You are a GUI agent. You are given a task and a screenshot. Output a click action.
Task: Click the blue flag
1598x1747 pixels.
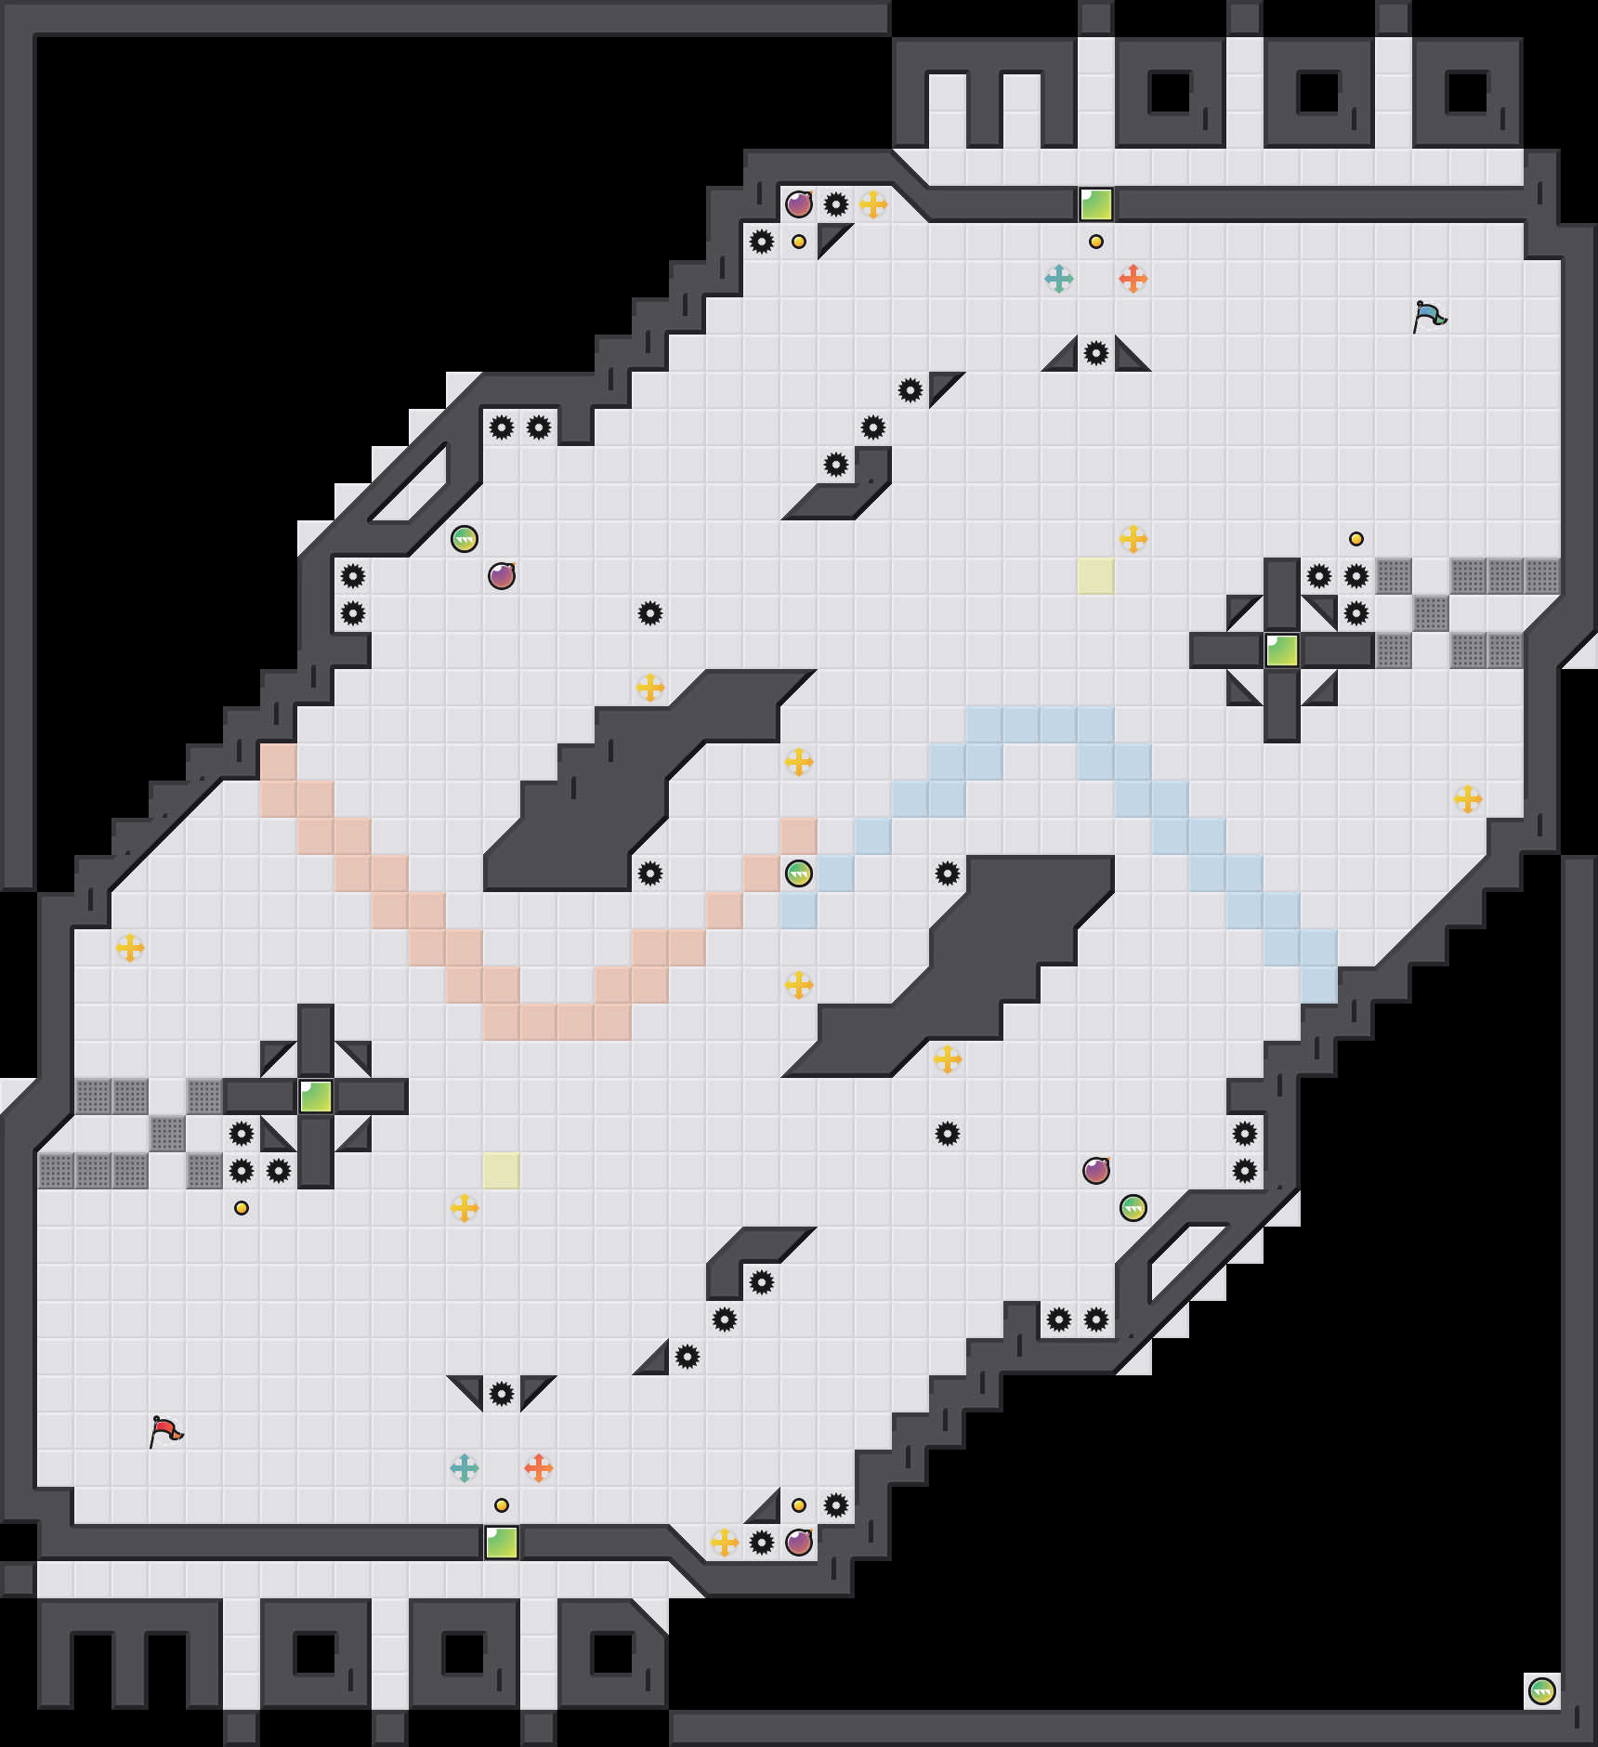(x=1429, y=316)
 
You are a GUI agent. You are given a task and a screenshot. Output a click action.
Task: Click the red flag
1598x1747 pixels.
(x=165, y=1431)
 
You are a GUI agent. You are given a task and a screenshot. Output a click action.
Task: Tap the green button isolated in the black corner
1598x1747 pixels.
(x=1542, y=1691)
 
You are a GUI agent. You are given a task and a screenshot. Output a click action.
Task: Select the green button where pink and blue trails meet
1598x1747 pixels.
(x=799, y=873)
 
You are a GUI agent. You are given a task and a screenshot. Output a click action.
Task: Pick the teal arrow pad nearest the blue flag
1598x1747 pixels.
(x=1059, y=279)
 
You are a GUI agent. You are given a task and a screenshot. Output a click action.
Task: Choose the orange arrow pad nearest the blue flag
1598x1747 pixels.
(x=1133, y=279)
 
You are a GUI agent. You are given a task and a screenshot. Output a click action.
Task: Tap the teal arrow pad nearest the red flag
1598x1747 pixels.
(x=465, y=1468)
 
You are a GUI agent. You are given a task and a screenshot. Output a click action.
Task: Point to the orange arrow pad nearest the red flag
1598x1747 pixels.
(x=539, y=1468)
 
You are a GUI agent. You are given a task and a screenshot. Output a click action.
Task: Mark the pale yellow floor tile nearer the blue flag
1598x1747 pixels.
(x=1096, y=576)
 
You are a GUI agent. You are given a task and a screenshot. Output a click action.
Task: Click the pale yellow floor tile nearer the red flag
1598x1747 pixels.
(x=502, y=1171)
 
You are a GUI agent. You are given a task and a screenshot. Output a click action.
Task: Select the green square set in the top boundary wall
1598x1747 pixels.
(x=1096, y=204)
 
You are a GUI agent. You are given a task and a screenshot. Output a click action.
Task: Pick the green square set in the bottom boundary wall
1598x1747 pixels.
(x=502, y=1543)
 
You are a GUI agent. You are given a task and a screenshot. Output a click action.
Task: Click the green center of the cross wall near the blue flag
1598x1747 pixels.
(x=1282, y=650)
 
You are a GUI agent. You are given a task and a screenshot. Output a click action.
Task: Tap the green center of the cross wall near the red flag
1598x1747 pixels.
(x=316, y=1097)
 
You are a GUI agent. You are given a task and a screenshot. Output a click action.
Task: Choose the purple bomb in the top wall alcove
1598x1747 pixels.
(x=799, y=204)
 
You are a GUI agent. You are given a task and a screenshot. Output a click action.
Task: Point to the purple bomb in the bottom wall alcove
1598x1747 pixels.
(x=799, y=1543)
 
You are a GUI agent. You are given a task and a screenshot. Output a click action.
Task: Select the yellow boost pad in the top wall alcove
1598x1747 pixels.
(x=873, y=204)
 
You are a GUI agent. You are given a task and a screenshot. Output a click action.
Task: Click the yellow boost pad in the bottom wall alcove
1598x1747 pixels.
(x=725, y=1543)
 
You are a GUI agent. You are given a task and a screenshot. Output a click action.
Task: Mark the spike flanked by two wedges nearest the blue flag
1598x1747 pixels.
(x=1096, y=353)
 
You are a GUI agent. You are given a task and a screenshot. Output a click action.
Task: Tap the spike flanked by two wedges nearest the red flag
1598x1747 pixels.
(x=502, y=1394)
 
